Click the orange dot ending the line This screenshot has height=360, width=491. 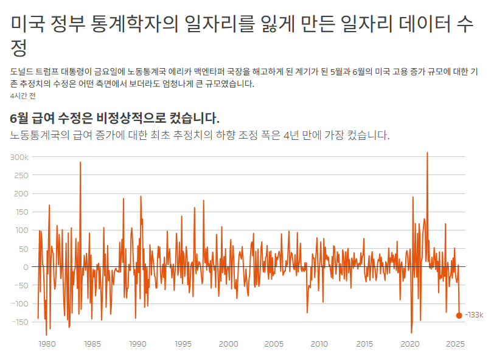point(459,316)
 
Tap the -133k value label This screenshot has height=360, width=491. point(475,315)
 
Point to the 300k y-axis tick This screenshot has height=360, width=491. point(19,157)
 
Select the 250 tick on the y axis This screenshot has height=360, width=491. point(21,176)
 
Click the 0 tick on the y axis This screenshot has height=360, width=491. point(26,268)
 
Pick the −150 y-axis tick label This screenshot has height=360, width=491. point(20,322)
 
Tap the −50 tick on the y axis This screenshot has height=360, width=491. point(21,285)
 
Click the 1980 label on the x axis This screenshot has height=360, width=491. point(47,344)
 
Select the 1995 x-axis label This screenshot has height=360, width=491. point(183,344)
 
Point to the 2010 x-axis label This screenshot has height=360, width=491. point(319,344)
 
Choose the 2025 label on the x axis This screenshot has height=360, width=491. point(455,344)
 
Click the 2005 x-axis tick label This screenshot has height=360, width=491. point(274,344)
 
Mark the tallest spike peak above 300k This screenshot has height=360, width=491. point(427,153)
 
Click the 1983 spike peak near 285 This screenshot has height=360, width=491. point(80,162)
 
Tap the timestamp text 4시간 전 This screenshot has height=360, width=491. point(23,96)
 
